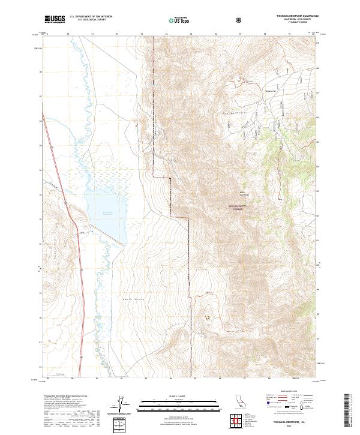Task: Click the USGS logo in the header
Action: (55, 19)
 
